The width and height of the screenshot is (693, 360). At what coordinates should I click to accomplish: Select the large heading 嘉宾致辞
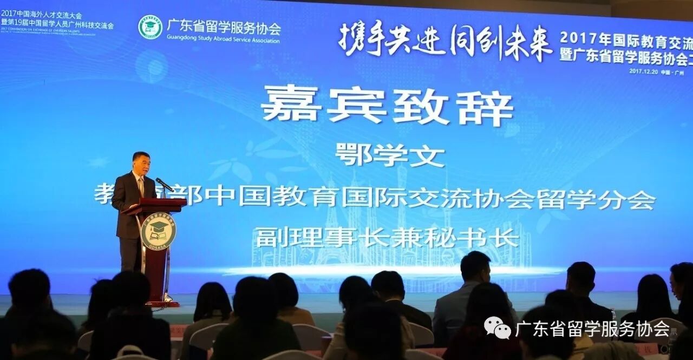[387, 105]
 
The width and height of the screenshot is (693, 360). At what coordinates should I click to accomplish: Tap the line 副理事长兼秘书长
[387, 237]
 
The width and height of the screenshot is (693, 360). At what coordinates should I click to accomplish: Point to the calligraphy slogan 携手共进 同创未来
[445, 40]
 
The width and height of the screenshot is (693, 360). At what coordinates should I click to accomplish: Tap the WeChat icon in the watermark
[497, 328]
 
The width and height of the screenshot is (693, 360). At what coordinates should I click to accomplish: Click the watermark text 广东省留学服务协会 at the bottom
[592, 328]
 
